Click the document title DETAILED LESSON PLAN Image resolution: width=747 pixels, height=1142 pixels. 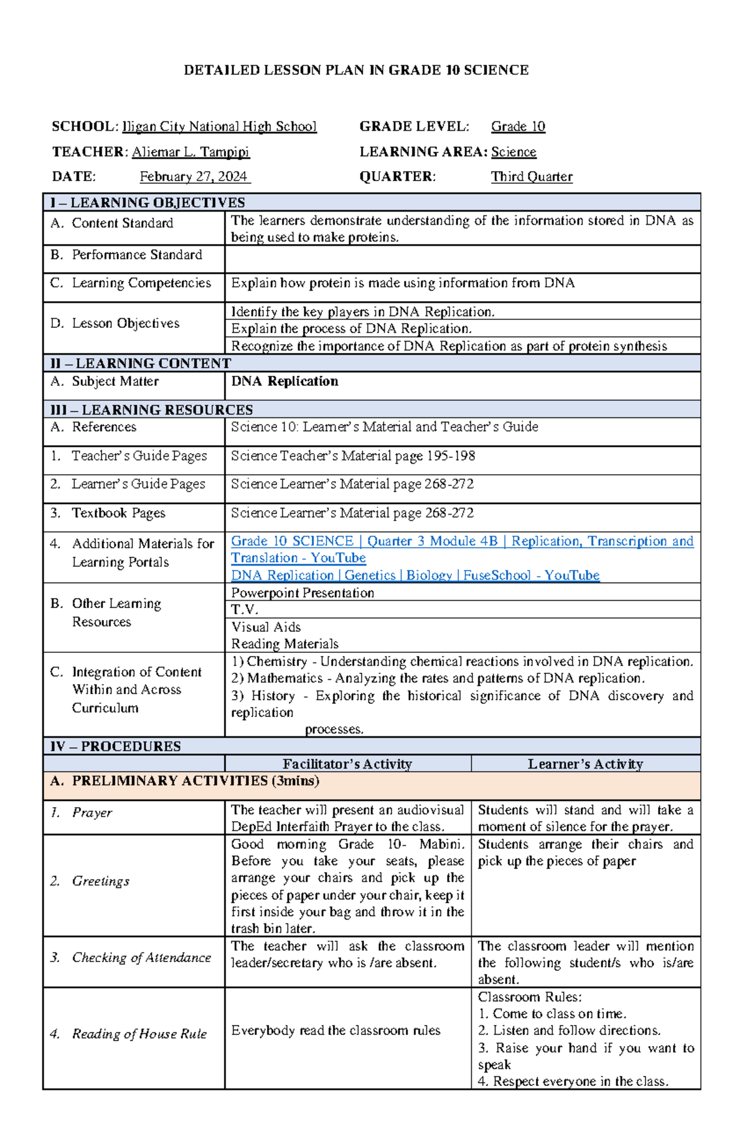[356, 70]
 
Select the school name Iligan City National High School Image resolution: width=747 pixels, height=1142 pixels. [220, 127]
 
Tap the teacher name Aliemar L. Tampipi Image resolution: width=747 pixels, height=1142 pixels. [190, 152]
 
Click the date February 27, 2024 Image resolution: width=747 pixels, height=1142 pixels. [194, 177]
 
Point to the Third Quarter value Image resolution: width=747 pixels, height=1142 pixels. [532, 177]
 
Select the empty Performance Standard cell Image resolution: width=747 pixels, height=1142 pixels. [462, 258]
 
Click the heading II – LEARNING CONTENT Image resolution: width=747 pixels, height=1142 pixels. [141, 363]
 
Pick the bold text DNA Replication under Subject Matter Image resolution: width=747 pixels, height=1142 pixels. [284, 381]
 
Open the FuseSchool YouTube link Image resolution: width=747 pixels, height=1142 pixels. [415, 576]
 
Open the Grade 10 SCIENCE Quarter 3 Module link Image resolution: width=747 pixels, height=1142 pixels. [462, 541]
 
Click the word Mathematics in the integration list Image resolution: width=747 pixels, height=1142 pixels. [285, 678]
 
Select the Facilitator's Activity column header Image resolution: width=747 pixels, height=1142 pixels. [347, 764]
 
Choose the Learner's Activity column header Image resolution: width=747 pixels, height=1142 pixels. [585, 764]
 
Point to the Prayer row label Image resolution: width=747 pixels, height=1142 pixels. [92, 813]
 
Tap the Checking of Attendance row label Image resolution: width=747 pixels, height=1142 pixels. [141, 958]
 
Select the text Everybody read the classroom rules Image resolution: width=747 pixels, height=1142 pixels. [336, 1031]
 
